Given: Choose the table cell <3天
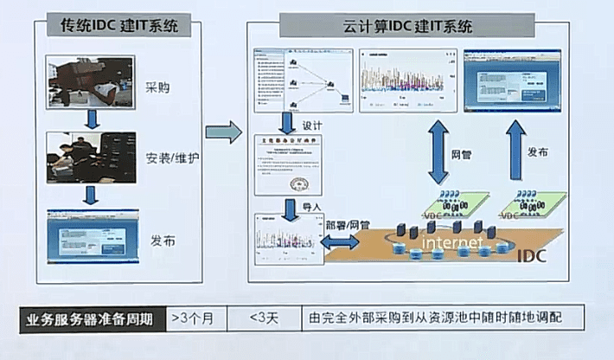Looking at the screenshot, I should (263, 318).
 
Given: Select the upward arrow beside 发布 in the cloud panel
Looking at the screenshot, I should (515, 150).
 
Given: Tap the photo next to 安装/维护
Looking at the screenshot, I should (92, 157).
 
